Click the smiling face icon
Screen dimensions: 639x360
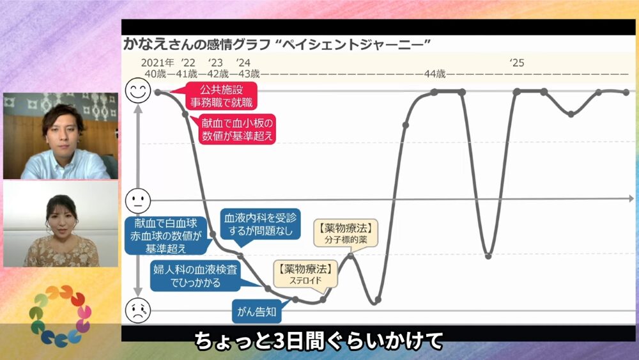(x=138, y=90)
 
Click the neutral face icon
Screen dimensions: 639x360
(x=138, y=201)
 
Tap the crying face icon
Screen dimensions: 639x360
(x=138, y=310)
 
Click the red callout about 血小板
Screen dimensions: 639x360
(x=237, y=129)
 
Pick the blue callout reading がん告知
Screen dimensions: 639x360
(x=257, y=312)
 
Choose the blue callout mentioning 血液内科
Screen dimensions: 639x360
(x=260, y=224)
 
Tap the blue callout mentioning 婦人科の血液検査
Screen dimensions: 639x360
(x=196, y=276)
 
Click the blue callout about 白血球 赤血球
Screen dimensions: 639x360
(x=166, y=236)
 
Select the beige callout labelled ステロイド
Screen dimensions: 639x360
(x=305, y=274)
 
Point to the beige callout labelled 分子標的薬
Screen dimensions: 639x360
(x=346, y=233)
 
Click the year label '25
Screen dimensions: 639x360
(x=517, y=63)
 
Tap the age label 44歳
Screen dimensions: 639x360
(x=435, y=74)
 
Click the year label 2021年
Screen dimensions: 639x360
(x=157, y=63)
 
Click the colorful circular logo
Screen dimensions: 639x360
(x=60, y=316)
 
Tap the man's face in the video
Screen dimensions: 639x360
(x=63, y=131)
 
